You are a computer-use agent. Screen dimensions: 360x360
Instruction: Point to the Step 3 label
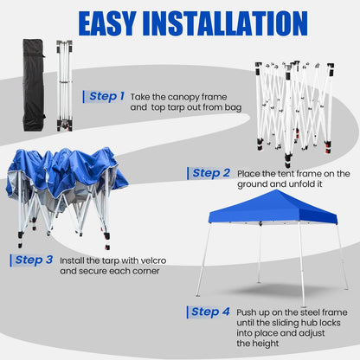pyautogui.click(x=34, y=259)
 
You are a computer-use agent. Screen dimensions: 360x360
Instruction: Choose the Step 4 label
pyautogui.click(x=211, y=312)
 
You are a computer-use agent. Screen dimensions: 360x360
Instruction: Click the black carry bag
pyautogui.click(x=34, y=85)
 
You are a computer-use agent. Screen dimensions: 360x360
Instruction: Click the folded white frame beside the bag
pyautogui.click(x=63, y=85)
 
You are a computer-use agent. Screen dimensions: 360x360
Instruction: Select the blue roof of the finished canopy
pyautogui.click(x=275, y=208)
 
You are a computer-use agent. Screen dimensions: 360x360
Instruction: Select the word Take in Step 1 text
pyautogui.click(x=143, y=97)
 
